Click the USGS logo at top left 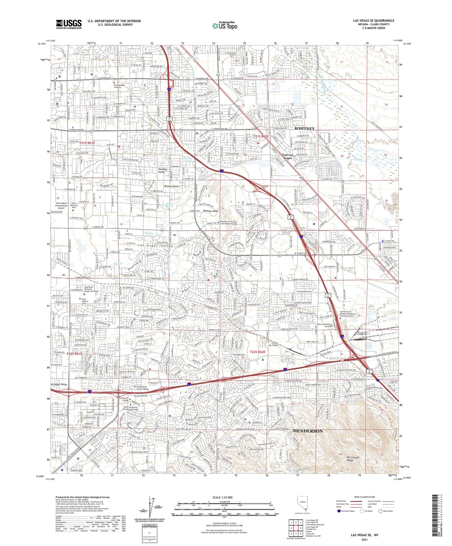tap(69, 24)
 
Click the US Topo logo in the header tap(225, 26)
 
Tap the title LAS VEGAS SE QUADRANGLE tap(373, 21)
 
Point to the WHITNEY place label tap(304, 129)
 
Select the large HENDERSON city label tap(307, 431)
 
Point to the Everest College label tap(274, 344)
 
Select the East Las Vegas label tap(288, 156)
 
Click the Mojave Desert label tap(172, 186)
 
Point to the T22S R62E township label tap(257, 352)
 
